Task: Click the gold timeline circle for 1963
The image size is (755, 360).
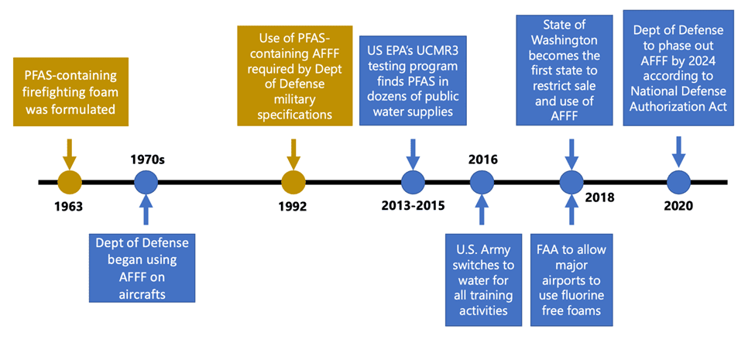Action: click(70, 183)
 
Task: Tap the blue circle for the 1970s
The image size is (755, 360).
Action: click(146, 183)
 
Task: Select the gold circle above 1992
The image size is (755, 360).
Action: click(293, 183)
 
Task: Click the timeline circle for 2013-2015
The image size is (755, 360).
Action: click(413, 183)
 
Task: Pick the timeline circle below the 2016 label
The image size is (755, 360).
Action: click(482, 183)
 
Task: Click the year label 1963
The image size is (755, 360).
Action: click(69, 207)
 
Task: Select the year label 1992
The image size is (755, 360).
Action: click(293, 207)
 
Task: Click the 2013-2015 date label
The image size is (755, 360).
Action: click(413, 207)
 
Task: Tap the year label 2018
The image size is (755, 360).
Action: click(599, 197)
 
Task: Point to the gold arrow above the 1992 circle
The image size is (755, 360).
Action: click(293, 153)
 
